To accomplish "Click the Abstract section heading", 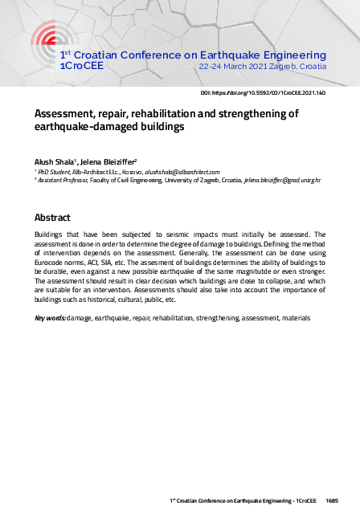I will point(53,218).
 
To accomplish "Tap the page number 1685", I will point(332,500).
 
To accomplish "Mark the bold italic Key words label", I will point(50,319).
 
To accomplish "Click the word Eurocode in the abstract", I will point(52,262).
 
